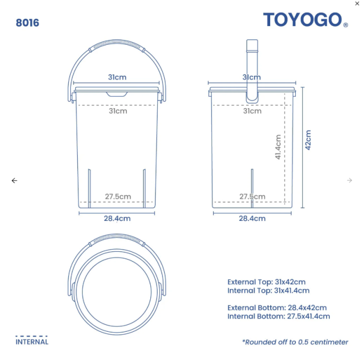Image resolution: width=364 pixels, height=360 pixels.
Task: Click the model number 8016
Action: (27, 23)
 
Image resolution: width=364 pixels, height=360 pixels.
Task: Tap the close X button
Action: (357, 4)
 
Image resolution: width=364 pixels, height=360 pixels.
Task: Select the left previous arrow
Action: (14, 180)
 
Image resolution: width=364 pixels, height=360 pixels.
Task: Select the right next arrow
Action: (350, 180)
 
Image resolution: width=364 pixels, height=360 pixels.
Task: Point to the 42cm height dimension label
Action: (308, 140)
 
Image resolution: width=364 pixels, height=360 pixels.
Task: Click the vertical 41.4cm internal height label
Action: (278, 147)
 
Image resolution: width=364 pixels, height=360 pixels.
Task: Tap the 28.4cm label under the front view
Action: (117, 218)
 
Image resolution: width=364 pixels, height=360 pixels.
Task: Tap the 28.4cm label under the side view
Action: (252, 218)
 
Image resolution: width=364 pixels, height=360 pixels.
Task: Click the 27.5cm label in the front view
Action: (118, 196)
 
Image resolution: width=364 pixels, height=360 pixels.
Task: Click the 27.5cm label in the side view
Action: (252, 196)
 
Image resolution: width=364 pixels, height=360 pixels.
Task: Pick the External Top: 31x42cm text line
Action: (266, 282)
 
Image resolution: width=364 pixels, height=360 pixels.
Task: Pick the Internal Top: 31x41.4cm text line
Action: (268, 291)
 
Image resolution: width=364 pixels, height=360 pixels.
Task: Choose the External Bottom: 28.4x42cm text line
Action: (277, 308)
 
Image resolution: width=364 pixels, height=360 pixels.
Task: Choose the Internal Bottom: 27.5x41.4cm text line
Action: (278, 316)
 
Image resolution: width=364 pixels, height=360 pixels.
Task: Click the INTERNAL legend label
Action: (32, 342)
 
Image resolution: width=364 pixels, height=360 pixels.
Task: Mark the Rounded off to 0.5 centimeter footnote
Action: (295, 342)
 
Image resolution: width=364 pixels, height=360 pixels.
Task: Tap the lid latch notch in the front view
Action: (117, 94)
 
